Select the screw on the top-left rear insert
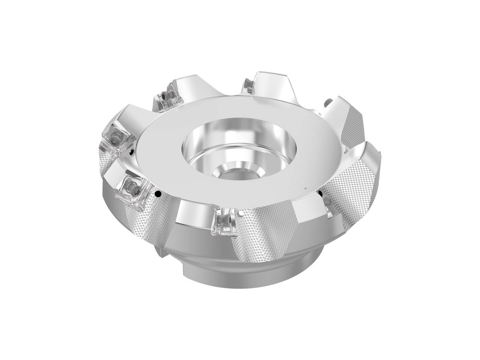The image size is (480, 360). (x=165, y=96)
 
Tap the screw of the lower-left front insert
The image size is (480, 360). (x=130, y=186)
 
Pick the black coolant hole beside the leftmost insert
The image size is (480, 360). (x=131, y=152)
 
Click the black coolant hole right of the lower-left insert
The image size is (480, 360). (x=158, y=195)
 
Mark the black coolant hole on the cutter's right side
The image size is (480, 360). (x=320, y=195)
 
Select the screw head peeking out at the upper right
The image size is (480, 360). (x=328, y=103)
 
